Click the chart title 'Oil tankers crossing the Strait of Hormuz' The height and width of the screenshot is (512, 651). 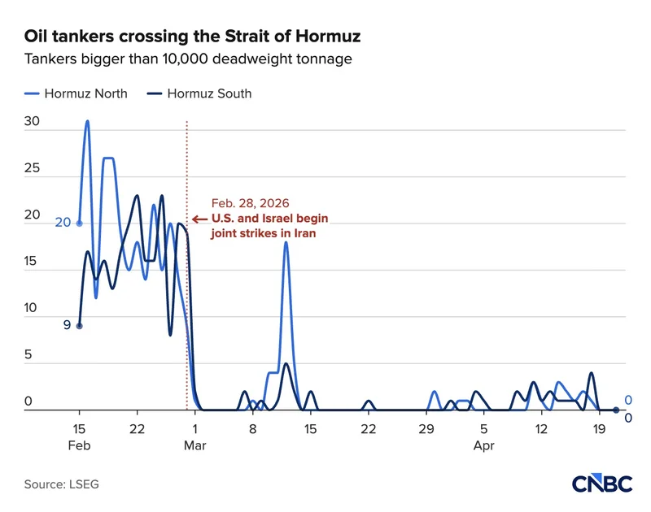[192, 37]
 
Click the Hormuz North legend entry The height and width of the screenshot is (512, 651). [76, 93]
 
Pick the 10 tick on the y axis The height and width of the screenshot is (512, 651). [33, 309]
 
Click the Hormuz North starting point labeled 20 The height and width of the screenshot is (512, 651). [79, 223]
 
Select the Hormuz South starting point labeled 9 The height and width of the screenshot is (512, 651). [79, 326]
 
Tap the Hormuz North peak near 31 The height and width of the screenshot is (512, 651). [87, 121]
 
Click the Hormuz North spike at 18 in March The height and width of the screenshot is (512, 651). [286, 242]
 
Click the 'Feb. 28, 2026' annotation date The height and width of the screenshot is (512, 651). [251, 203]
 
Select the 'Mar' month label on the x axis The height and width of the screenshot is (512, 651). [194, 445]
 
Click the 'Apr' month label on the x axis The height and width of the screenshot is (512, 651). [484, 445]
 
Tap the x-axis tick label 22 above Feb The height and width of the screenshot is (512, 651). [137, 429]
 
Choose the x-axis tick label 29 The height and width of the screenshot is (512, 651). [426, 429]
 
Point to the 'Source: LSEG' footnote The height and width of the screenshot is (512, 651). [61, 484]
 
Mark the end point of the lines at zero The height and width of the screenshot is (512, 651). [616, 410]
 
